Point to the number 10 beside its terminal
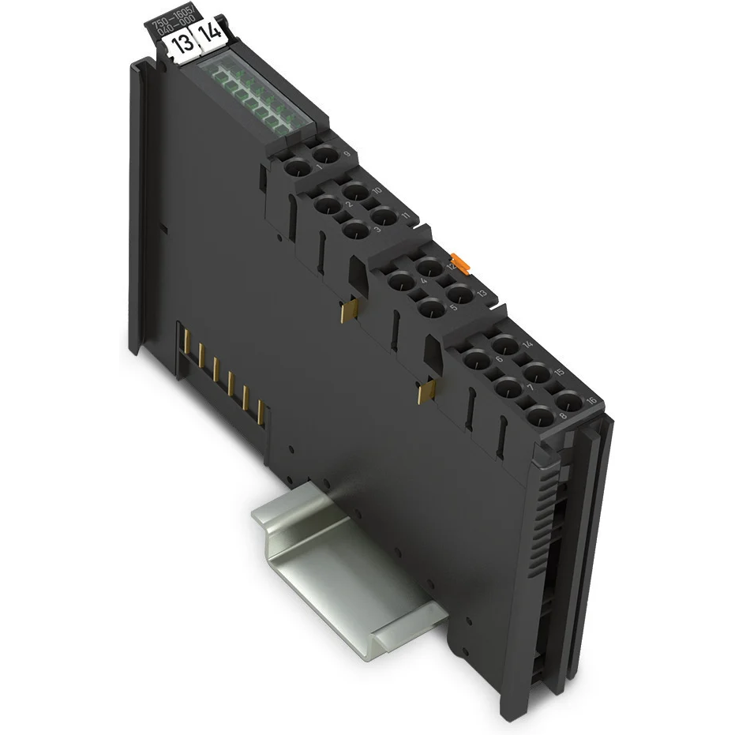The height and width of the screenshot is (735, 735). click(377, 190)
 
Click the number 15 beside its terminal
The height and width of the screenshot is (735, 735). click(559, 371)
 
